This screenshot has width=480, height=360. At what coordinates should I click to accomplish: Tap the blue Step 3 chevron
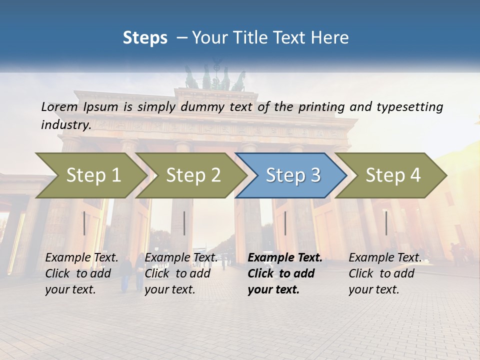(291, 175)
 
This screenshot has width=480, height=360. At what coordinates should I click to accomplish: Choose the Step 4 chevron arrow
(391, 175)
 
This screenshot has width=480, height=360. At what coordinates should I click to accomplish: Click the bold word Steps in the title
(145, 37)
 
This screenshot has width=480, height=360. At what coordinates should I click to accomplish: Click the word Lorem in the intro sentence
(59, 106)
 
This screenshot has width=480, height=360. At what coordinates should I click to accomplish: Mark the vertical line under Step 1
(84, 223)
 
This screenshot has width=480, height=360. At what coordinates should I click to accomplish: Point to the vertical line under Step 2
(184, 223)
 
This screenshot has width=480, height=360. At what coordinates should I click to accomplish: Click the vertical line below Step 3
(285, 223)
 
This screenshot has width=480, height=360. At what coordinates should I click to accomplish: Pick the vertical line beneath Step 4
(386, 223)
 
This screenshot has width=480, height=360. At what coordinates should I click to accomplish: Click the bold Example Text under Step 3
(285, 258)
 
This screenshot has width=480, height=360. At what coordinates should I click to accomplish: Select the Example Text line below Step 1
(81, 258)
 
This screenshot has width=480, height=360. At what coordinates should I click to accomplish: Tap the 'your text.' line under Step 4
(373, 289)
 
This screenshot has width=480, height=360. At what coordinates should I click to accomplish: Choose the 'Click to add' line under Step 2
(177, 273)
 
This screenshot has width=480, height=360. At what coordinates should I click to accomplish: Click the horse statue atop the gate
(215, 77)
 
